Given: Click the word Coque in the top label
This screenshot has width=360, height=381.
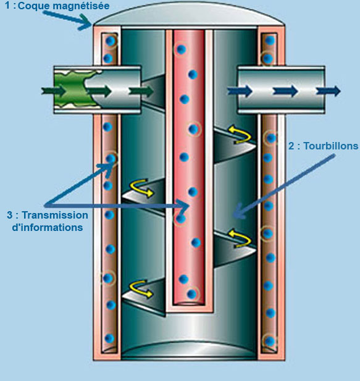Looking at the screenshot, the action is coord(33,6).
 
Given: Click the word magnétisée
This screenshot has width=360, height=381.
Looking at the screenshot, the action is coord(81,6).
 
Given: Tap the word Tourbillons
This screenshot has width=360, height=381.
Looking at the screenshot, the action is coord(331,146).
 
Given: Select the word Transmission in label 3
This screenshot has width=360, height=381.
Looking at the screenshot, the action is coord(55,215).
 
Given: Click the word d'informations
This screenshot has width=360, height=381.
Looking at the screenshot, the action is coord(48,227).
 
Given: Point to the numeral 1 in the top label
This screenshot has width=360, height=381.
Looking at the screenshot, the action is coord(7,6).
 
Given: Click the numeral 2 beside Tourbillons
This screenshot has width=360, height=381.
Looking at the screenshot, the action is coord(291,146).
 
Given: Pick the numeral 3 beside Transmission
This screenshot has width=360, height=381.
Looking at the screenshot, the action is coord(10,215).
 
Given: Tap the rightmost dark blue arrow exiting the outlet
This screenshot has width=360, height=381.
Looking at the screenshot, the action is coord(328,91).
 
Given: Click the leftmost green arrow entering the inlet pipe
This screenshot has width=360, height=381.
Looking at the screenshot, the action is coord(54,91).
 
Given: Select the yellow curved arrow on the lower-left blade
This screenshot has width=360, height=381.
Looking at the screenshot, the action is coord(141,288).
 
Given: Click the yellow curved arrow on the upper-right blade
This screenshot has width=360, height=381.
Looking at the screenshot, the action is coord(240,134).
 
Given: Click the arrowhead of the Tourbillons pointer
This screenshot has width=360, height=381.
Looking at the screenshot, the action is coord(238,212).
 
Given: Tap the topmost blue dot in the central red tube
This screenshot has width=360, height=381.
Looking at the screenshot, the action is coord(181,49).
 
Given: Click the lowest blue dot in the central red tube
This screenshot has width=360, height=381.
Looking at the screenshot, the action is coord(191,294).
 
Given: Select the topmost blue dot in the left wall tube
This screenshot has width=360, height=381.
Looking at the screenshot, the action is coord(111,41).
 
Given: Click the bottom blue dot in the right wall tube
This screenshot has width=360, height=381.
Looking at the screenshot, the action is coord(270,341).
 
